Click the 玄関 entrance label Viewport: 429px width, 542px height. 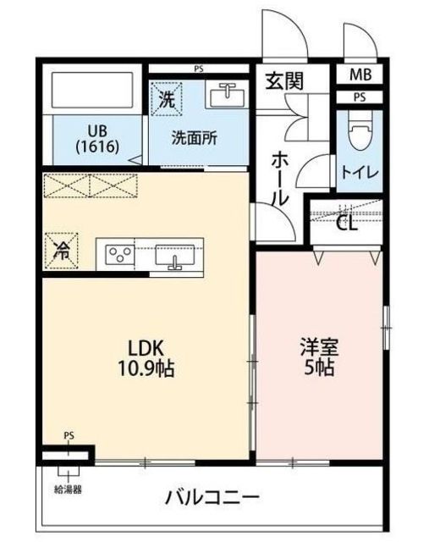(x=284, y=81)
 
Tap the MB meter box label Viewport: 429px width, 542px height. (x=360, y=75)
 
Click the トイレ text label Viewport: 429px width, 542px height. (x=360, y=172)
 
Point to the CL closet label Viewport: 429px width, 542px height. (x=347, y=224)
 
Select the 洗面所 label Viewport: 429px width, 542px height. (x=195, y=138)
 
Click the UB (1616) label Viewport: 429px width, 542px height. (x=97, y=139)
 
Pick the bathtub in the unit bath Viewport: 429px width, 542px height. (x=92, y=90)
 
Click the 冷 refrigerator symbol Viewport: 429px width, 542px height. (x=62, y=251)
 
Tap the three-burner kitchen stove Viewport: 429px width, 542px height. (x=119, y=254)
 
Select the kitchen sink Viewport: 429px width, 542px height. (x=175, y=256)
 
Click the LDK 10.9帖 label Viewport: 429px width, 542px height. (x=146, y=358)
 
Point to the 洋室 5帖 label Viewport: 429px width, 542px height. (x=319, y=358)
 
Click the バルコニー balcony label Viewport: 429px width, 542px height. (x=212, y=498)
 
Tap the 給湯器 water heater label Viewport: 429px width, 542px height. (x=68, y=489)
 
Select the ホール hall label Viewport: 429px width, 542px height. (x=279, y=180)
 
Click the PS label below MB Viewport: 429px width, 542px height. (x=360, y=97)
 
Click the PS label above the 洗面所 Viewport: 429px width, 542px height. (x=199, y=69)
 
